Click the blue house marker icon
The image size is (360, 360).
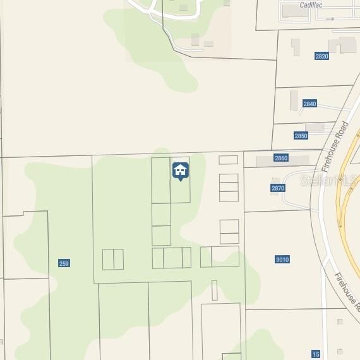[x=180, y=171]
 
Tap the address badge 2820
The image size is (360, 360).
[x=321, y=56]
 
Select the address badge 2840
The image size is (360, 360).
[x=309, y=104]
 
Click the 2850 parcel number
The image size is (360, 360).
[x=301, y=136]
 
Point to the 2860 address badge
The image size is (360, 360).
[x=281, y=157]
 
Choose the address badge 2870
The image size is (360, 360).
[x=278, y=188]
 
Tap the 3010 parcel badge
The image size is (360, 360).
[x=282, y=260]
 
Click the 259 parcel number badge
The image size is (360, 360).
[x=64, y=263]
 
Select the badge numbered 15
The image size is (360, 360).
[x=316, y=354]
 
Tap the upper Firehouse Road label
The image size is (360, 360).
[x=335, y=148]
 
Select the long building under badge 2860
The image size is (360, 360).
[x=283, y=162]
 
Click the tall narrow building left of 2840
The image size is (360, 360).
[x=294, y=101]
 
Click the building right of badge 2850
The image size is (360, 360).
[x=315, y=128]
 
